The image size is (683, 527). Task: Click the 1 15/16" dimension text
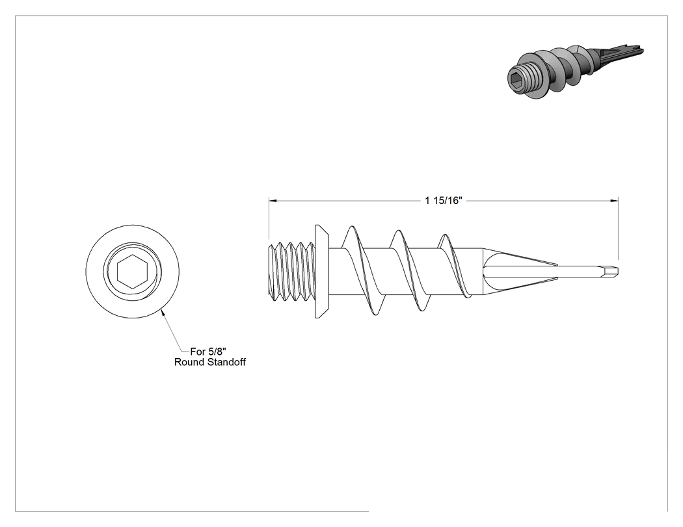(x=444, y=200)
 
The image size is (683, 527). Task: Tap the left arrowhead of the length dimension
(x=273, y=201)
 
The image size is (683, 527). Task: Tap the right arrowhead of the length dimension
(x=614, y=201)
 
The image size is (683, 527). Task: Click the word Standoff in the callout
(x=228, y=362)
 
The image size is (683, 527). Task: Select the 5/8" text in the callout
(x=217, y=351)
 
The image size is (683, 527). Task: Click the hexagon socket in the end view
(x=133, y=272)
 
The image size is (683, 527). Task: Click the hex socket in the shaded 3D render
(x=515, y=79)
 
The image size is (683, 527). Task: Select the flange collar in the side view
(x=321, y=272)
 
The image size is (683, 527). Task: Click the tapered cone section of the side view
(x=520, y=271)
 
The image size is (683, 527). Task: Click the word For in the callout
(x=198, y=351)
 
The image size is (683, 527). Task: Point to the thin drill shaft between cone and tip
(x=580, y=271)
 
